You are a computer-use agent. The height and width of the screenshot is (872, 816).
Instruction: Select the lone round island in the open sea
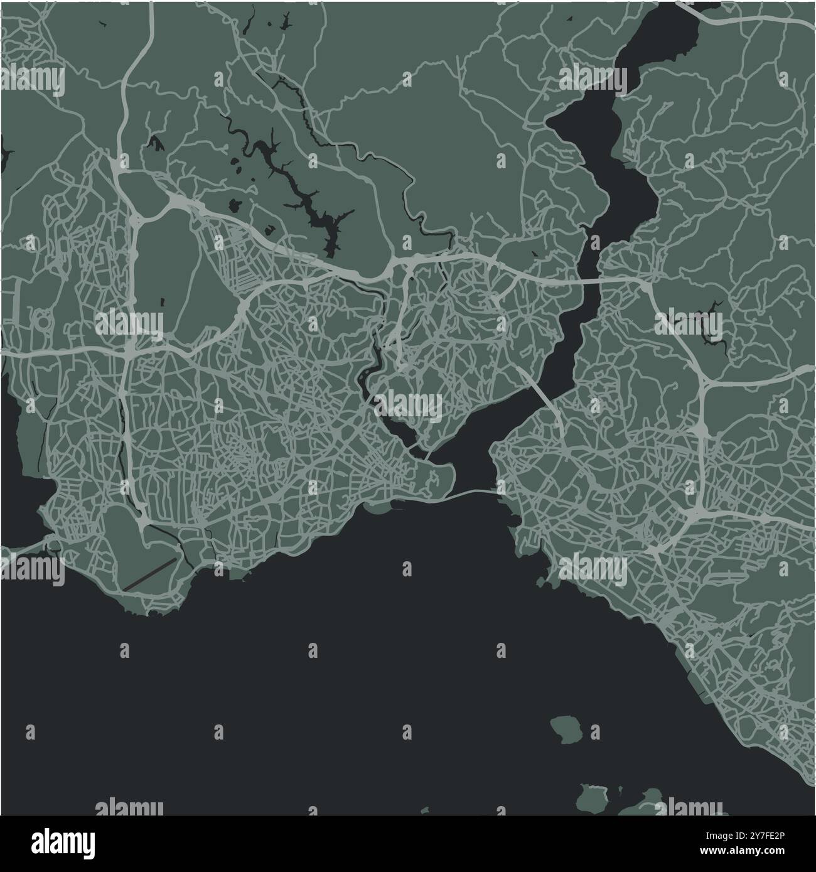point(567,730)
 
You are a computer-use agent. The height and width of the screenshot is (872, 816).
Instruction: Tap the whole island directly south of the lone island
point(592,797)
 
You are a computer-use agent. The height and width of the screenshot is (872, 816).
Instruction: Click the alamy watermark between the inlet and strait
point(411,404)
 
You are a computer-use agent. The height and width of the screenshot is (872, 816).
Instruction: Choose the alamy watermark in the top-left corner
point(33,80)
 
